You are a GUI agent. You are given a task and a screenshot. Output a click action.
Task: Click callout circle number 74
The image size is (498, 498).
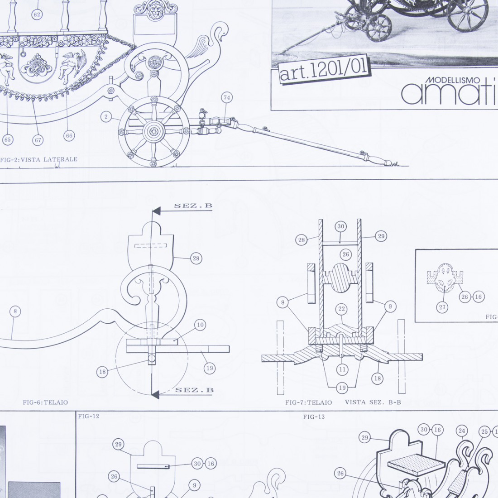(226, 97)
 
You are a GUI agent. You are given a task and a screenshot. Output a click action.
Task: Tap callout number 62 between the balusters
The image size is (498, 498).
(37, 14)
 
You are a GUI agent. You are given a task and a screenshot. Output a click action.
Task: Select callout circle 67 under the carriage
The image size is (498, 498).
(38, 140)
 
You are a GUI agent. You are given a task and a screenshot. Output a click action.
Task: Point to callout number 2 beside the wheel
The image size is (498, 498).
(106, 117)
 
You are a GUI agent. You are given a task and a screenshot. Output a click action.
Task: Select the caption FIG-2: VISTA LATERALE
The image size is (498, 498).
(38, 159)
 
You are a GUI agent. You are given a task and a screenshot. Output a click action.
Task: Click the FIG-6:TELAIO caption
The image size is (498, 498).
(45, 402)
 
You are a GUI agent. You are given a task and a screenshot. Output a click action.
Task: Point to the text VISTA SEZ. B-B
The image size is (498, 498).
(373, 402)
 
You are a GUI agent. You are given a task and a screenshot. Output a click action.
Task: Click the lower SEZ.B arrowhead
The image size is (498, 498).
(155, 395)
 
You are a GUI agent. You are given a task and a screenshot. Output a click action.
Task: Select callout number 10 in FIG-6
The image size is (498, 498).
(200, 325)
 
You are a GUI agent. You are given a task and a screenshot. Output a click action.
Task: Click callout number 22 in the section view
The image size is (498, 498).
(341, 309)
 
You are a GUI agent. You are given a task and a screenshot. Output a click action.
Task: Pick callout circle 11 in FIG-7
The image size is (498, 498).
(342, 369)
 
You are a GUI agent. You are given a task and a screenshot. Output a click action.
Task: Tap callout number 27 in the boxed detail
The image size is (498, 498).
(442, 307)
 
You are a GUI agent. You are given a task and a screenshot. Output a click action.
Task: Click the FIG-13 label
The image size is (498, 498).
(314, 417)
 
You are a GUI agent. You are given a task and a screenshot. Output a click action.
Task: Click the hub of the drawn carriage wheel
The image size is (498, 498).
(154, 131)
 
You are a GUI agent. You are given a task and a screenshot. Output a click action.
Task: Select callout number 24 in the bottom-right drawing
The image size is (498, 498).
(461, 431)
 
